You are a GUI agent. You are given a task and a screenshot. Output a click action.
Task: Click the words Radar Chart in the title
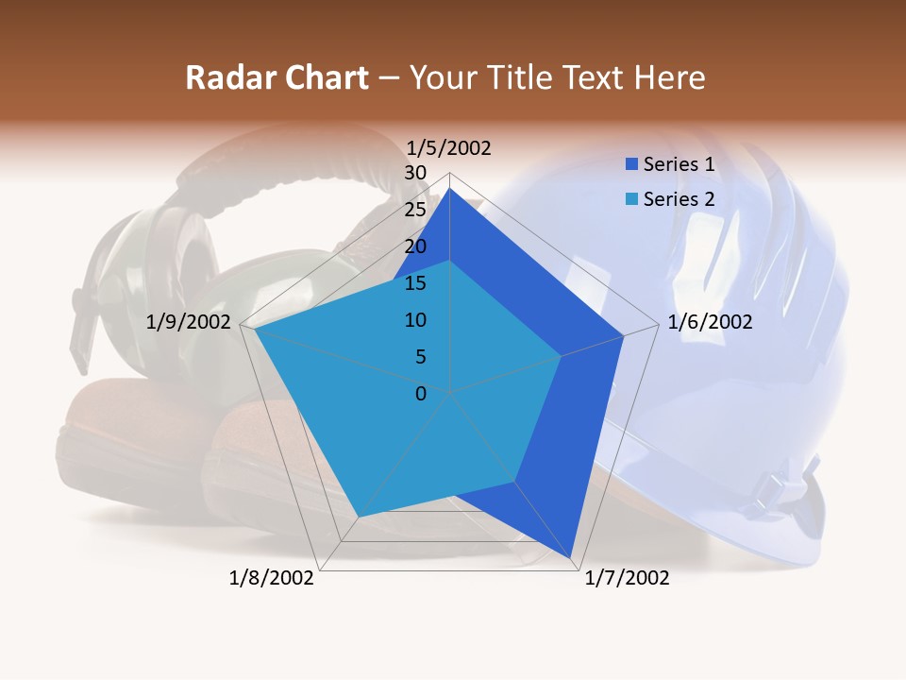click(277, 78)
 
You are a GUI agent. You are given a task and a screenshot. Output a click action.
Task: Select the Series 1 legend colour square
click(631, 164)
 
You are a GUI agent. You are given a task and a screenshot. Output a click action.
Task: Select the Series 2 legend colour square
click(631, 199)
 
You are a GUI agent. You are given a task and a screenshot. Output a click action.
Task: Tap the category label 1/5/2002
click(449, 148)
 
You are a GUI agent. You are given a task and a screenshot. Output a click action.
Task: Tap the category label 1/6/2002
click(710, 322)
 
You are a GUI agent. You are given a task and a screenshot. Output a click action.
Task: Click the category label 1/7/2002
click(627, 578)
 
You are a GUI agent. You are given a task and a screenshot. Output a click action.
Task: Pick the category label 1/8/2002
click(272, 578)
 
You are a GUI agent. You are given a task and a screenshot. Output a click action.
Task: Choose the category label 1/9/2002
click(189, 322)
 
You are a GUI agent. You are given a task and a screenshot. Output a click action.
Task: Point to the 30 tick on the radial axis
click(415, 173)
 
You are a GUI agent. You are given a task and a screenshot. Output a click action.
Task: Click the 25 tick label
click(415, 210)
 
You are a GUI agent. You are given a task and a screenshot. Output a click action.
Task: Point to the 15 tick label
click(415, 283)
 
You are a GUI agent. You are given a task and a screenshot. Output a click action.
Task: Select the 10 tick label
click(415, 320)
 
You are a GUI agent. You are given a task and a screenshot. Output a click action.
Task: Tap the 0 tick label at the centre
click(421, 394)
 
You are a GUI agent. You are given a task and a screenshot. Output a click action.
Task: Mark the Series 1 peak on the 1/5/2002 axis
click(450, 189)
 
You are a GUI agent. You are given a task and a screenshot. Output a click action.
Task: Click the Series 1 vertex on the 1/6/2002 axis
click(623, 335)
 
